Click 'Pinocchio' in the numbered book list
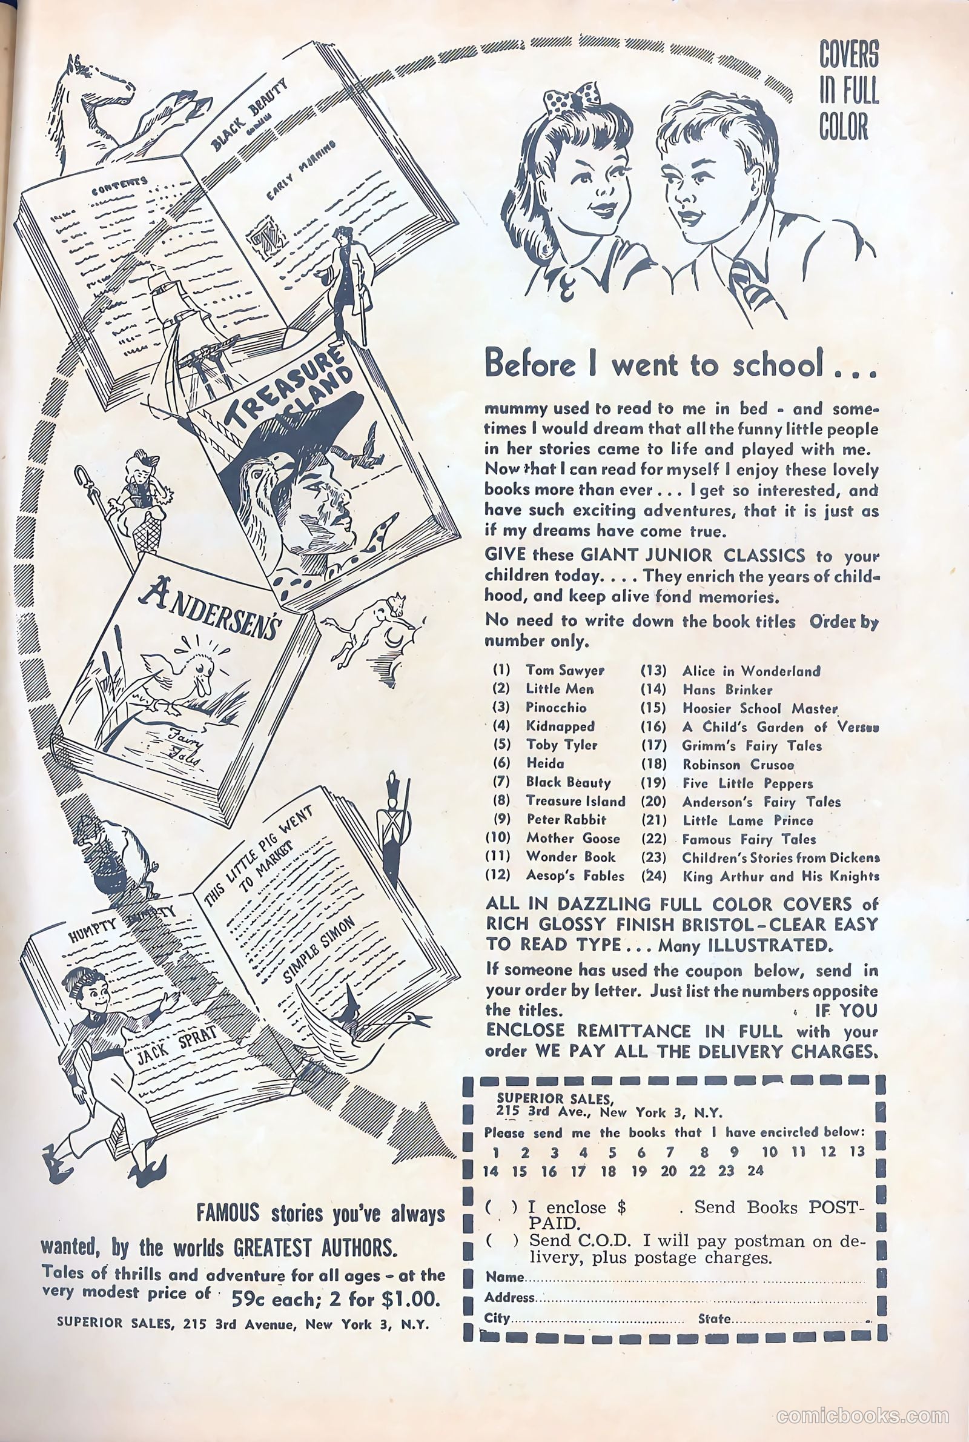(556, 707)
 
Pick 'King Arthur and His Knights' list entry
(781, 876)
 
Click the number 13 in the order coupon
(856, 1152)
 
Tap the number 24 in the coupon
(755, 1171)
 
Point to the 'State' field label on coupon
(715, 1318)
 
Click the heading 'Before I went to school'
(680, 364)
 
